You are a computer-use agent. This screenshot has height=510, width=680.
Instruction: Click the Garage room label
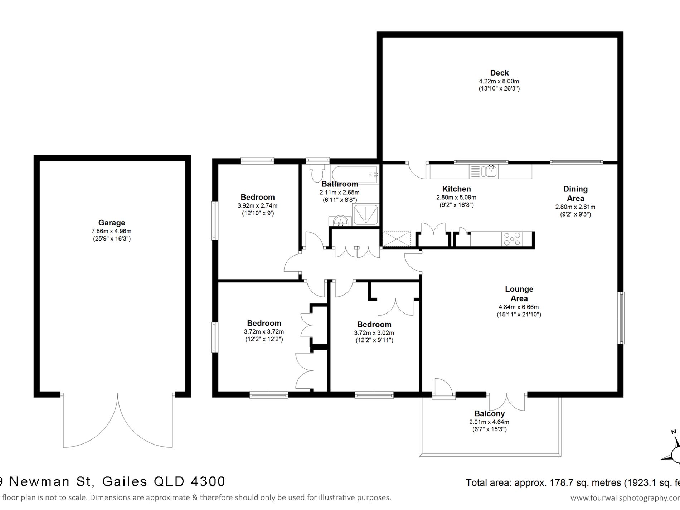pos(112,223)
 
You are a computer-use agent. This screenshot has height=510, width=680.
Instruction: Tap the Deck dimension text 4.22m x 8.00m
pos(499,81)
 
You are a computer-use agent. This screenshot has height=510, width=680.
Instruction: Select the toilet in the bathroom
pos(317,174)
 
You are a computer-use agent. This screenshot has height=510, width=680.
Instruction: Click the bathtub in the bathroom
pos(354,175)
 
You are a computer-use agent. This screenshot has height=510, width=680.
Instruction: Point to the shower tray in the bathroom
pos(366,214)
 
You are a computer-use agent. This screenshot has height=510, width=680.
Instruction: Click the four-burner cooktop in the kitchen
pos(512,239)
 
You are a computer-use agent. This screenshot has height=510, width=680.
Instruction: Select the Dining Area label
pos(575,194)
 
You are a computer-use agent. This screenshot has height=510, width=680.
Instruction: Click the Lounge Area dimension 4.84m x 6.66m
pos(519,307)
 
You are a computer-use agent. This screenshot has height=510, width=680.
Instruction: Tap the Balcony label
pos(489,413)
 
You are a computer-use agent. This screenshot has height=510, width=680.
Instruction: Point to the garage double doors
pos(118,422)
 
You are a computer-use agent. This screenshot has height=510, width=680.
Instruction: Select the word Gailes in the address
pos(125,481)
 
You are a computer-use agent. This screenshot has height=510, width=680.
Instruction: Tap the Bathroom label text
pos(340,184)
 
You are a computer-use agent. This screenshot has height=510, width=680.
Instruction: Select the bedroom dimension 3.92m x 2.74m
pos(257,206)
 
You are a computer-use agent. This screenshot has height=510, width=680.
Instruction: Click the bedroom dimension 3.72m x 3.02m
pos(374,333)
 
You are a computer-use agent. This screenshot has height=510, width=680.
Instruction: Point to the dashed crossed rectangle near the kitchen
pos(396,239)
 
